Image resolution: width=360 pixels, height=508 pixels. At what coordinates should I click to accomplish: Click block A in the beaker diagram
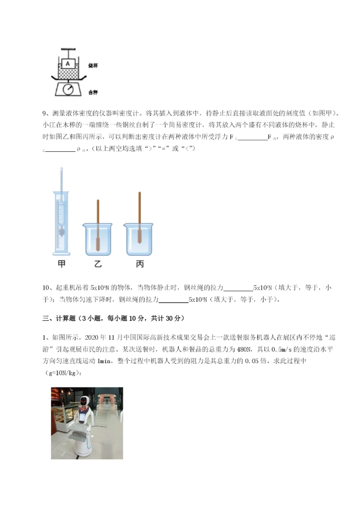(x=67, y=64)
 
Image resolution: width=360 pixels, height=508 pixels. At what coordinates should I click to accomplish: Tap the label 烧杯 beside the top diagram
(x=92, y=65)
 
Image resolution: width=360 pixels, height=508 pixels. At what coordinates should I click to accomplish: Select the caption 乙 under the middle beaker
(x=98, y=264)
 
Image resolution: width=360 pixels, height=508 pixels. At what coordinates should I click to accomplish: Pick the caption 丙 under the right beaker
(x=139, y=264)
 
